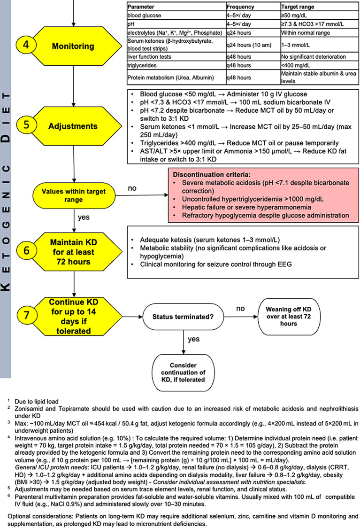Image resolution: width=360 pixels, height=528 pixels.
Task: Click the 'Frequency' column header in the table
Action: click(240, 8)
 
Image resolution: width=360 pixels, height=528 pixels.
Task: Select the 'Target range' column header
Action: click(298, 8)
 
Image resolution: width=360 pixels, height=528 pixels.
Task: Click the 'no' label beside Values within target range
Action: click(133, 188)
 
